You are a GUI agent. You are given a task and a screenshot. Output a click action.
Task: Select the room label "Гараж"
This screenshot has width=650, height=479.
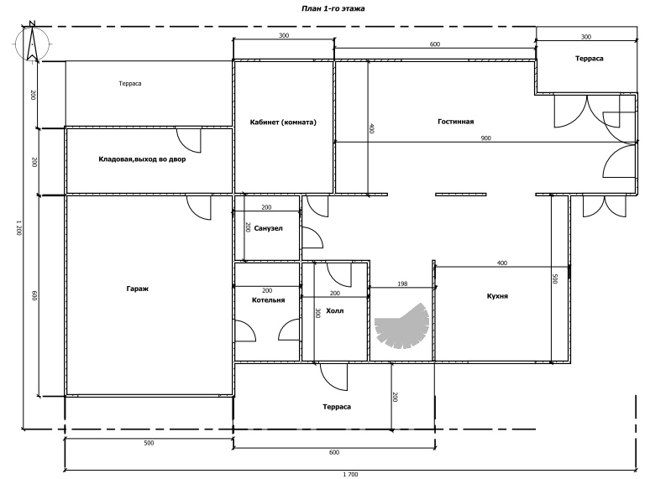[139, 289]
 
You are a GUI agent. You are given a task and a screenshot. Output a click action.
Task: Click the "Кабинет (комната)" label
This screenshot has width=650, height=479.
[283, 122]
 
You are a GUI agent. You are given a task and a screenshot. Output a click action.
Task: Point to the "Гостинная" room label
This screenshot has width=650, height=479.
[456, 122]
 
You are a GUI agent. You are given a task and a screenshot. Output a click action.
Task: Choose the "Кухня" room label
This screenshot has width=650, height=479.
[498, 296]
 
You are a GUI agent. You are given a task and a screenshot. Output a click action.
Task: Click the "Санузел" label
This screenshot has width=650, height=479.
[269, 228]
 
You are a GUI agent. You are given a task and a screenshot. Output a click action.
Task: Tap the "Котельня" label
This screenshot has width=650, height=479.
[269, 299]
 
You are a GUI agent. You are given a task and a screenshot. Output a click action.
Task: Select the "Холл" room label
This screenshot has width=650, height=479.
[335, 310]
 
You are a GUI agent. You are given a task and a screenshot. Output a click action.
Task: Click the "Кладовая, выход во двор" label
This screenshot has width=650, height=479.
[142, 159]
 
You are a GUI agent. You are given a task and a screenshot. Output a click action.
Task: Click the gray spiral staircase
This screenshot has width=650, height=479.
[405, 327]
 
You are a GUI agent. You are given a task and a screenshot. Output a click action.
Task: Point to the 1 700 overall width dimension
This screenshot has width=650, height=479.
[350, 474]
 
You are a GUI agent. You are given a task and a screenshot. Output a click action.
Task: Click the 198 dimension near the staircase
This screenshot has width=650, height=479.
[401, 284]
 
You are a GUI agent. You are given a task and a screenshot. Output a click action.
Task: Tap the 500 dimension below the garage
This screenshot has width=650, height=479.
[149, 442]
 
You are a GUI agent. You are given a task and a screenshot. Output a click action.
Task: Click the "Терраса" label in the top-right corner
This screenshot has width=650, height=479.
[589, 59]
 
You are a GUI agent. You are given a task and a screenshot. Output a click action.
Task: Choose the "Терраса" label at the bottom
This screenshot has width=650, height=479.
[336, 407]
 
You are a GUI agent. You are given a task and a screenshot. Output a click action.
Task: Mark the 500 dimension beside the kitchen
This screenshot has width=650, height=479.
[555, 279]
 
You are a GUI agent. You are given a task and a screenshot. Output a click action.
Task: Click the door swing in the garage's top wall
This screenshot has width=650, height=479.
[197, 206]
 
